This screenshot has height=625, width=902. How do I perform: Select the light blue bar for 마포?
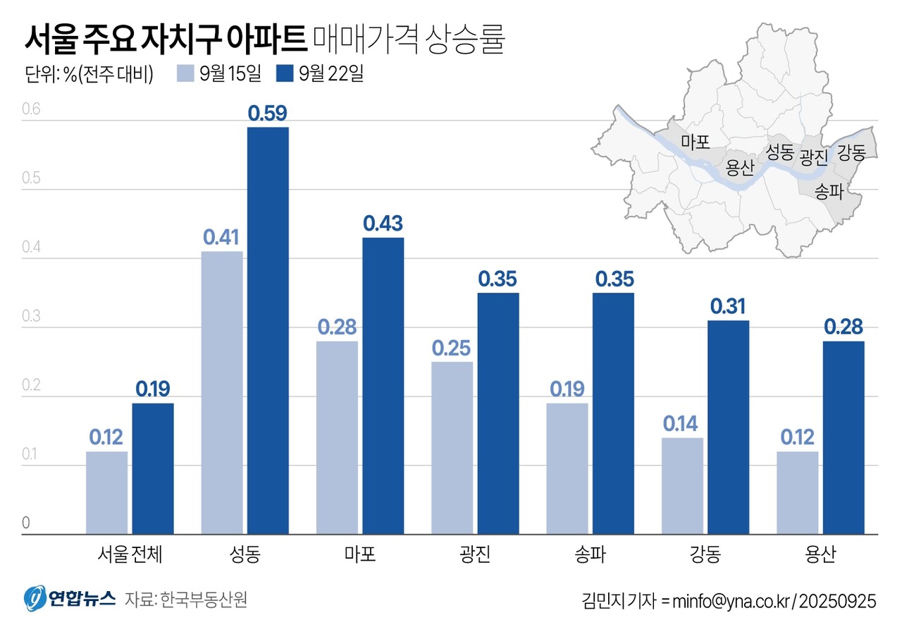coord(337,437)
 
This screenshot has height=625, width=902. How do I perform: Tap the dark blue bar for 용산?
coord(844,437)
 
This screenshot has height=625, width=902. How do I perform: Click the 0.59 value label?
coord(268,114)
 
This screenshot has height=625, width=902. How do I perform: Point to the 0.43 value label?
coord(383,224)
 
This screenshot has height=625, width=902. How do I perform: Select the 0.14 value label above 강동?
coord(683,423)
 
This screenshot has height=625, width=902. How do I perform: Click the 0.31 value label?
coord(729,307)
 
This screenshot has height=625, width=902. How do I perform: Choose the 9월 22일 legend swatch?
coord(285,74)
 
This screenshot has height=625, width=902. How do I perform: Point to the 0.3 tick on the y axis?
coord(32,317)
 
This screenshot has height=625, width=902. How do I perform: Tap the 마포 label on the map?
coord(694,142)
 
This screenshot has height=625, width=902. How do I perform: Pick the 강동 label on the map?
coord(851,152)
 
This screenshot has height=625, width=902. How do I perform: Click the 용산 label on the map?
coord(740,167)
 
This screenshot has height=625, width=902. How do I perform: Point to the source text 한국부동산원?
coord(204,600)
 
